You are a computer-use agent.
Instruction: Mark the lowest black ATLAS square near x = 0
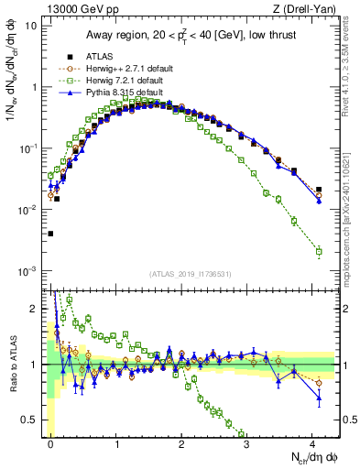point(50,234)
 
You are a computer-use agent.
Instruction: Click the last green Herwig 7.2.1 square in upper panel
point(318,251)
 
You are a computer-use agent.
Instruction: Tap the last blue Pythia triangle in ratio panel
point(318,398)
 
